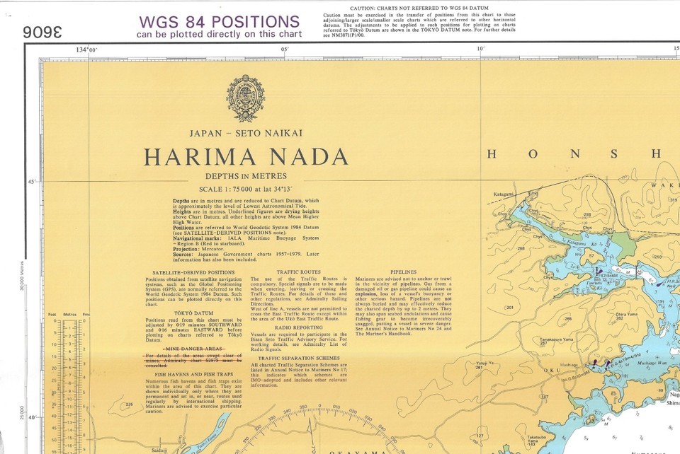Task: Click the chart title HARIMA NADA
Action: (245, 157)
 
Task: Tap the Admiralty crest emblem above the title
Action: (245, 98)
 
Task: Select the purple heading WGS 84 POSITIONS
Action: (219, 22)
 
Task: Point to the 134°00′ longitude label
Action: (86, 50)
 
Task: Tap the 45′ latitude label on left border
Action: (31, 182)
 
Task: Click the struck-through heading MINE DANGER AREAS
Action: (193, 349)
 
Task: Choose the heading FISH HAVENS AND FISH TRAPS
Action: (193, 373)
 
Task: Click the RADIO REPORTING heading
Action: (298, 328)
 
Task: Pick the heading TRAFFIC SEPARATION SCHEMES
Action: (298, 359)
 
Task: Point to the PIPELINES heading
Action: (404, 272)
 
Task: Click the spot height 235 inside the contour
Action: (129, 404)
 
